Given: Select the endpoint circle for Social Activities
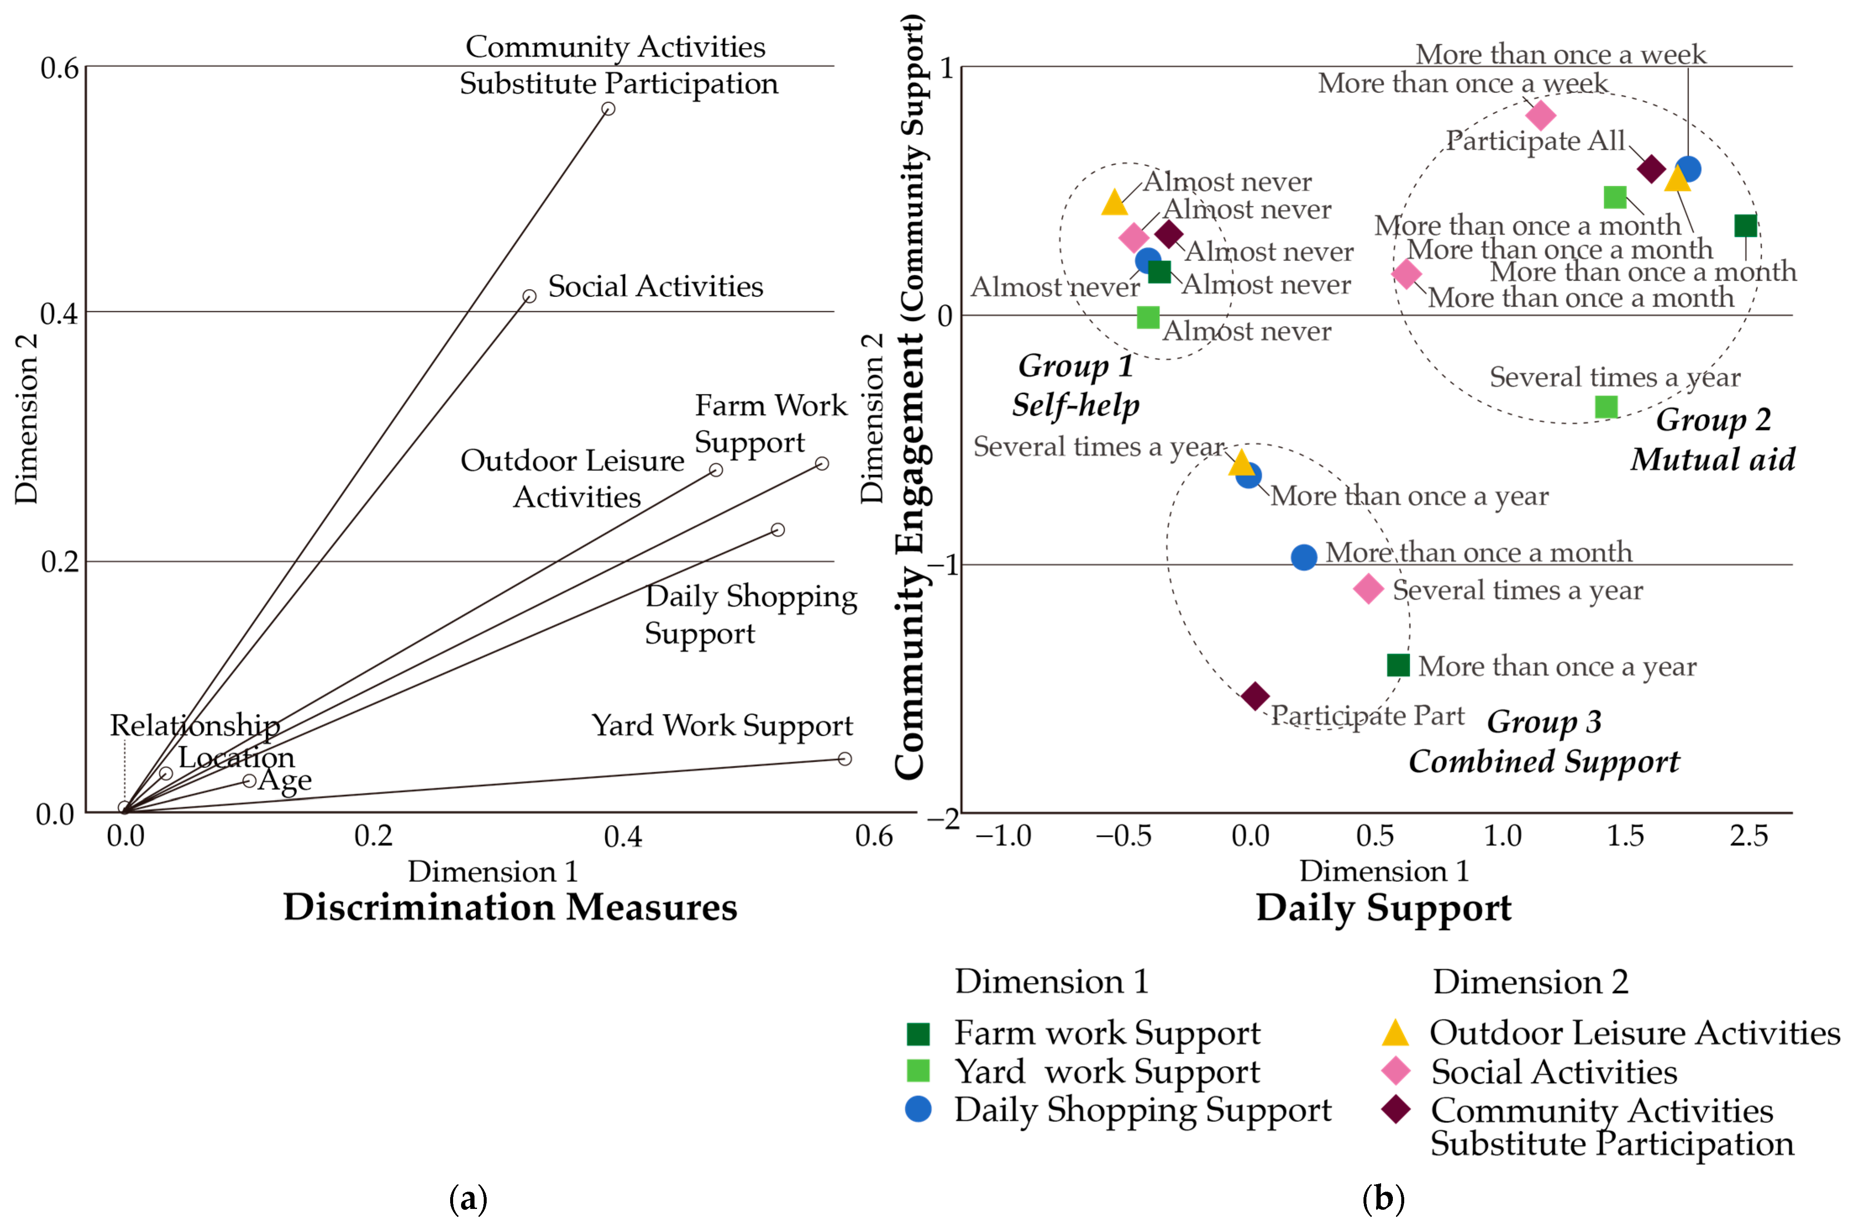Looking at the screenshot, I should [x=530, y=296].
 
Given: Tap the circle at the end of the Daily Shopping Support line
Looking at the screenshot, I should [x=777, y=530].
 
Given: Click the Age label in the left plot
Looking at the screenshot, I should [x=285, y=780].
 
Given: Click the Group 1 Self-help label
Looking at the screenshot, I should [x=1075, y=385].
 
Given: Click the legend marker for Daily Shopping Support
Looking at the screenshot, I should [x=918, y=1109].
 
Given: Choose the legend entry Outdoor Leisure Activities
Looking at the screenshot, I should [x=1634, y=1033].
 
